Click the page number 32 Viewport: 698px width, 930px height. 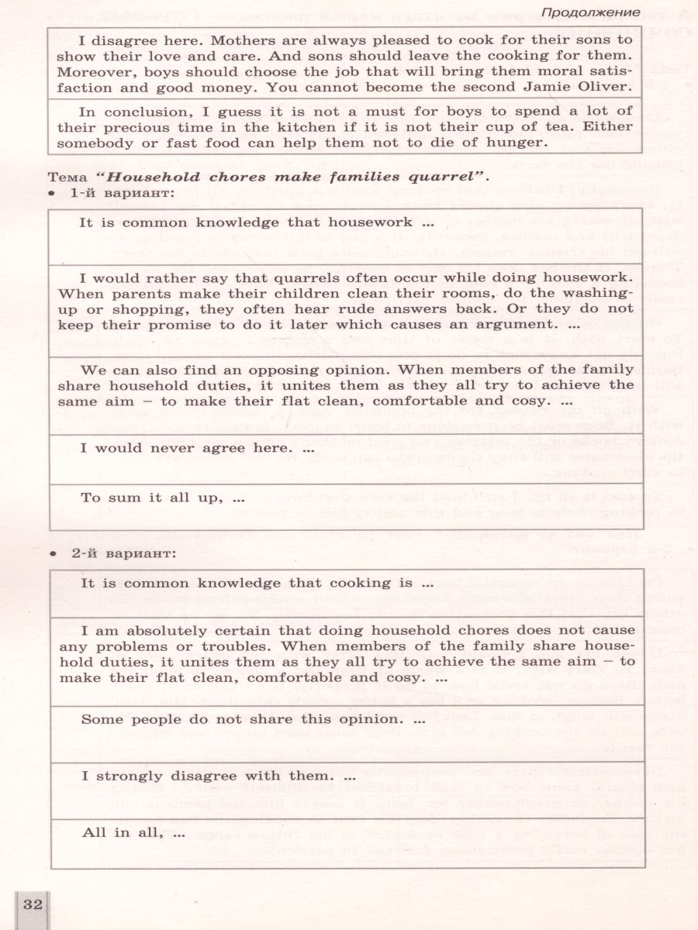pyautogui.click(x=33, y=904)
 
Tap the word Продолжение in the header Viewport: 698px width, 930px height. pyautogui.click(x=590, y=12)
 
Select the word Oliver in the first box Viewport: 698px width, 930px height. pyautogui.click(x=602, y=87)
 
